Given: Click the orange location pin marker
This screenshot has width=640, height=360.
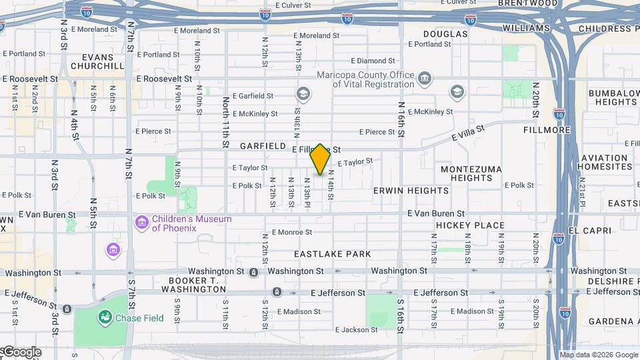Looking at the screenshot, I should click(x=320, y=159).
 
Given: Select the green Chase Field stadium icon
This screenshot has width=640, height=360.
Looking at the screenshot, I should click(x=105, y=316).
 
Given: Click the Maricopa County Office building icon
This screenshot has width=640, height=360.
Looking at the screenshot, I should click(x=424, y=79).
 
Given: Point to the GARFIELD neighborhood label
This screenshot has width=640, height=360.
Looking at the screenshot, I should click(x=263, y=146).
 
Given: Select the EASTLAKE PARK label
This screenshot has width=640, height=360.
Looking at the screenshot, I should click(x=332, y=255).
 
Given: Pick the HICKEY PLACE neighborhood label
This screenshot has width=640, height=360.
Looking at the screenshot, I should click(x=470, y=226).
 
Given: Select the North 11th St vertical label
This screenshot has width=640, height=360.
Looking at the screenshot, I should click(x=226, y=122).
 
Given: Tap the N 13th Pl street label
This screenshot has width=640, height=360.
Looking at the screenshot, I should click(x=307, y=191).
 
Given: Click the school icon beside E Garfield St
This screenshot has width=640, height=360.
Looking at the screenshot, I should click(x=303, y=94).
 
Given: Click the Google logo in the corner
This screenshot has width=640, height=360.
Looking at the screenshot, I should click(x=21, y=352).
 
